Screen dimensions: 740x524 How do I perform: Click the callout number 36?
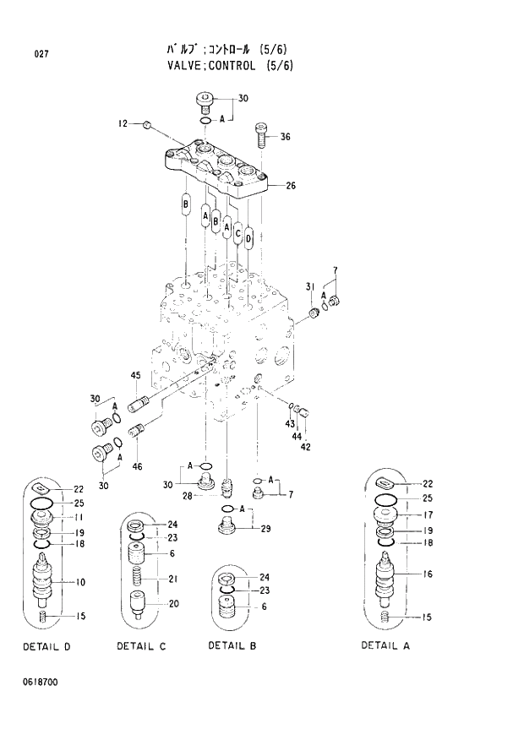285,137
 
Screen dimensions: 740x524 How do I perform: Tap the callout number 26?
291,185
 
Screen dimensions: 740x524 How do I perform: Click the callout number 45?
135,375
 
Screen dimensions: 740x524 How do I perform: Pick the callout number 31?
310,284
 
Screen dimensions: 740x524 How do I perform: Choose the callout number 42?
305,447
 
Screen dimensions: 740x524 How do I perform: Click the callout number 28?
187,496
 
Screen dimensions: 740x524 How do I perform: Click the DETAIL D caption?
46,646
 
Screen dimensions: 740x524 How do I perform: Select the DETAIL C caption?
141,646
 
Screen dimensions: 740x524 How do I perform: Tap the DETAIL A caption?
385,645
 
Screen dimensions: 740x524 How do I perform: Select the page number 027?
41,55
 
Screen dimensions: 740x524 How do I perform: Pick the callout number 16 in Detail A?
427,574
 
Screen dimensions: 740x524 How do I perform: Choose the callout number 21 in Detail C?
172,579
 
